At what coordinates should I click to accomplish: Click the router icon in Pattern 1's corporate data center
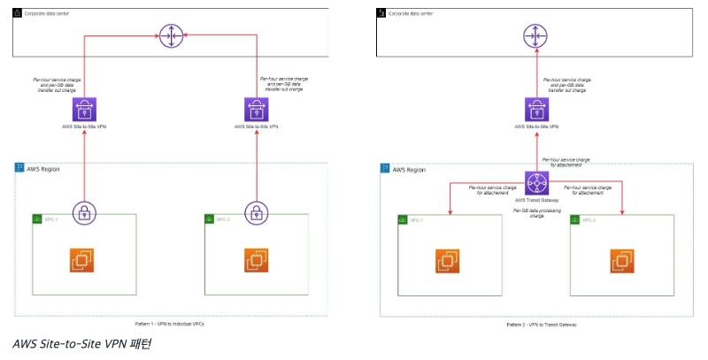coord(171,36)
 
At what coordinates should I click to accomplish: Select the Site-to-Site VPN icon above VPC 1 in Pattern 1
coord(85,110)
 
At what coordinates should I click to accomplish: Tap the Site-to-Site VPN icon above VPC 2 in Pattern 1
coord(256,110)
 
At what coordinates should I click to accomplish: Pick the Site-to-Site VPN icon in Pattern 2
coord(535,110)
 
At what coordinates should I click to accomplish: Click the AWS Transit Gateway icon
coord(535,183)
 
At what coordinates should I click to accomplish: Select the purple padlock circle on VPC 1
coord(85,213)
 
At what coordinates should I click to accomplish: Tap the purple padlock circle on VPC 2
coord(256,213)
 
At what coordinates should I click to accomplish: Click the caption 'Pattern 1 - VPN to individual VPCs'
coord(171,323)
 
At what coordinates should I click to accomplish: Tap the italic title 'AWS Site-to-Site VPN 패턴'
coord(82,343)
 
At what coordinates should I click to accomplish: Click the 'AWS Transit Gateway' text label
coord(535,201)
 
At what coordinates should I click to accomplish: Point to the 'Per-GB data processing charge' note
coord(535,213)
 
